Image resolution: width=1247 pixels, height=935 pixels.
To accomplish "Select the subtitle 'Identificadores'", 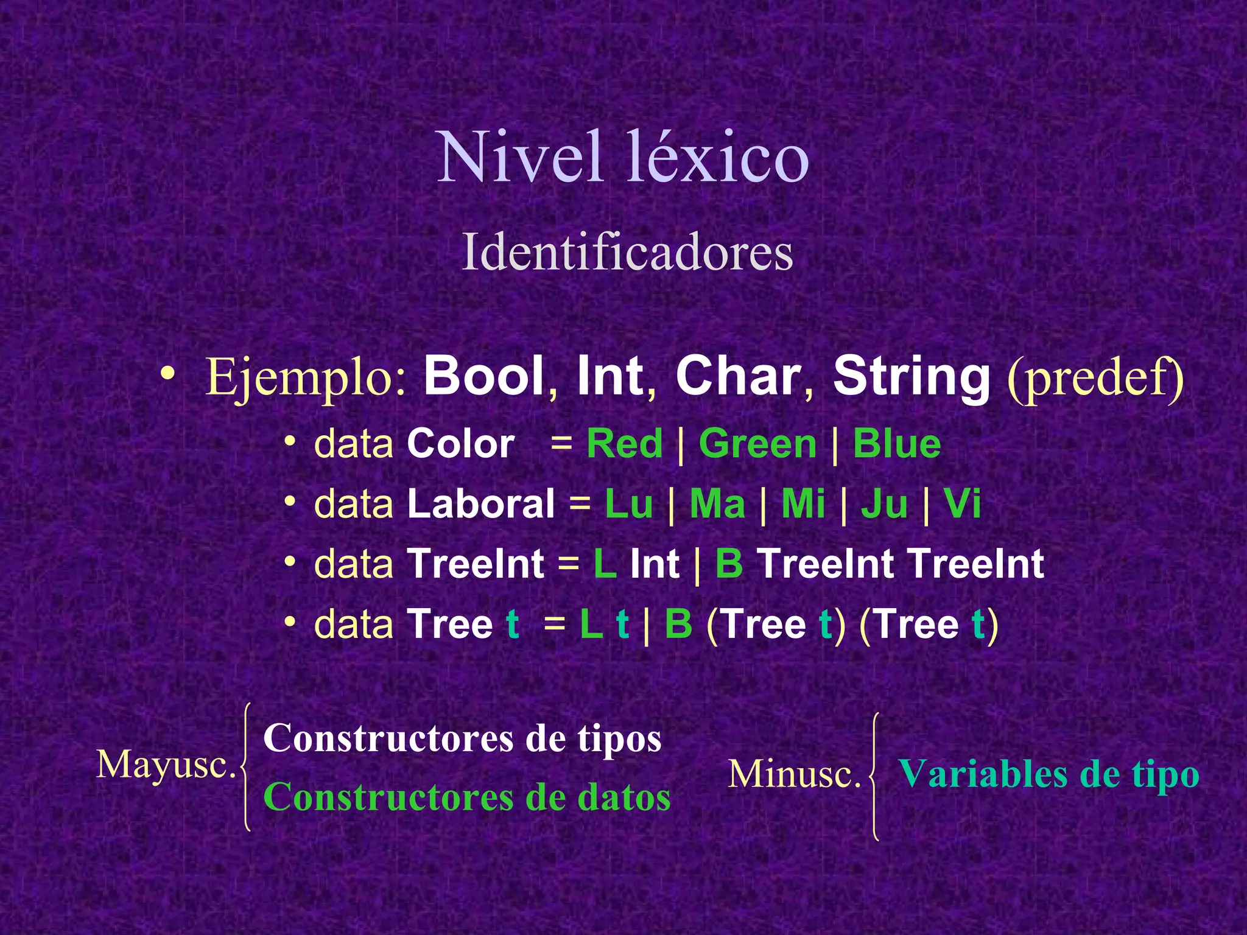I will (x=627, y=253).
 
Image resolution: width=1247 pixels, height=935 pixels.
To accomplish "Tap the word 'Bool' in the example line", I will (x=484, y=376).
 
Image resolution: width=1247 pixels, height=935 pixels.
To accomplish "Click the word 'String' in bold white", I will (x=912, y=376).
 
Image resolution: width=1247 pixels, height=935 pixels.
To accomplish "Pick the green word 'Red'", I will (x=624, y=444).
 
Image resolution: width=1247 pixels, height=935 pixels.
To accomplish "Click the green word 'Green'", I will (x=757, y=444).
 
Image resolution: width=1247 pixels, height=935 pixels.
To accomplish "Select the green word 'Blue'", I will (x=896, y=444).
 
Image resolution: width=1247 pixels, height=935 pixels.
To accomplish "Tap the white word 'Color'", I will (x=461, y=444).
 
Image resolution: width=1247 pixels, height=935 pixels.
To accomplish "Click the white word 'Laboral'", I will (x=481, y=504).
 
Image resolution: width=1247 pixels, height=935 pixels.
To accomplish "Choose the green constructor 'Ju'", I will (x=884, y=504).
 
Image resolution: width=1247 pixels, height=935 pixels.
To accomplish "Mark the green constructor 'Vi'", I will (x=962, y=504).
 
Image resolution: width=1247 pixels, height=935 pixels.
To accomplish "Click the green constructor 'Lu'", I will (x=628, y=504).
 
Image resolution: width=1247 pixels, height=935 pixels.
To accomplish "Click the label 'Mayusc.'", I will (x=166, y=765).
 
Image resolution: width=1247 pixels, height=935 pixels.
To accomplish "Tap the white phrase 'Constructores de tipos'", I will (x=462, y=738).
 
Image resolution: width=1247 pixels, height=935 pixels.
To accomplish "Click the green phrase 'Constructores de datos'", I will (x=466, y=797).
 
